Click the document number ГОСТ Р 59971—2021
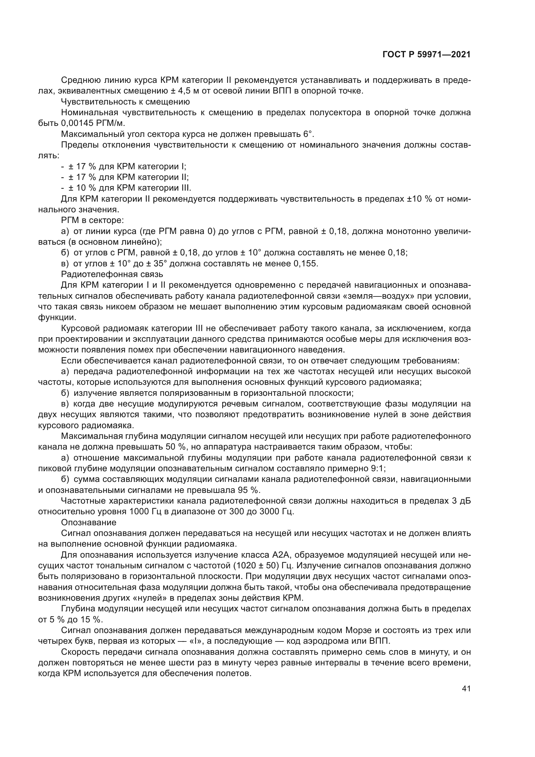click(426, 54)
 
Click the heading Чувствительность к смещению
click(125, 102)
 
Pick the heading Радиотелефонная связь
click(112, 274)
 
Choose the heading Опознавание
click(89, 522)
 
